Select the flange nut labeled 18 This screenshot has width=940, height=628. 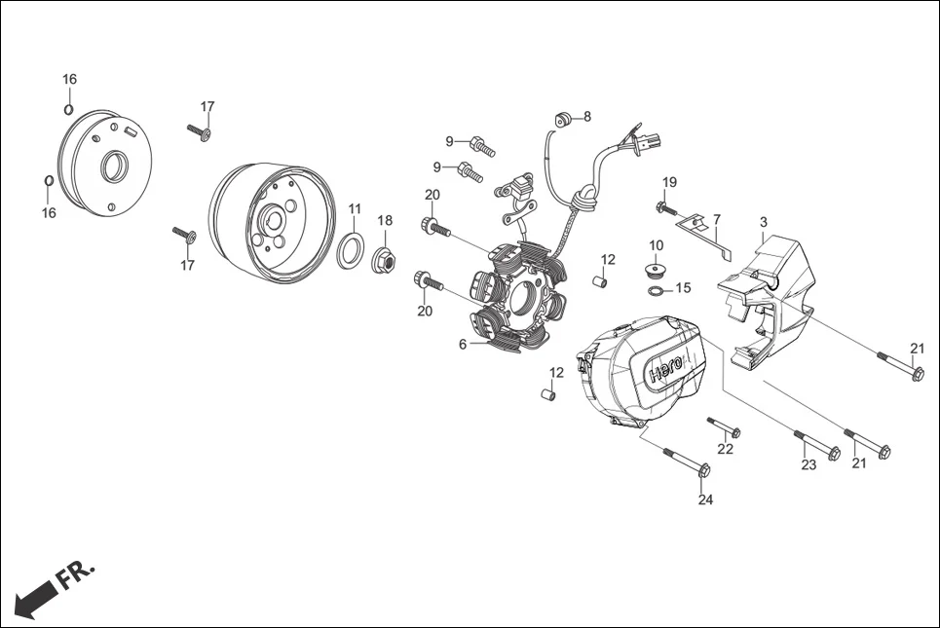coord(385,261)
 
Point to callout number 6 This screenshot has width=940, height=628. coord(464,344)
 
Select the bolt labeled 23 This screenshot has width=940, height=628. coord(816,445)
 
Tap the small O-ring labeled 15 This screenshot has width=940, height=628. coord(658,289)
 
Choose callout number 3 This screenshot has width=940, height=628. coord(764,223)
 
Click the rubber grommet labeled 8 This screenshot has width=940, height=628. coord(562,119)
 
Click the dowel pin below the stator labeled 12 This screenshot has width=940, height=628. coord(548,393)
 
